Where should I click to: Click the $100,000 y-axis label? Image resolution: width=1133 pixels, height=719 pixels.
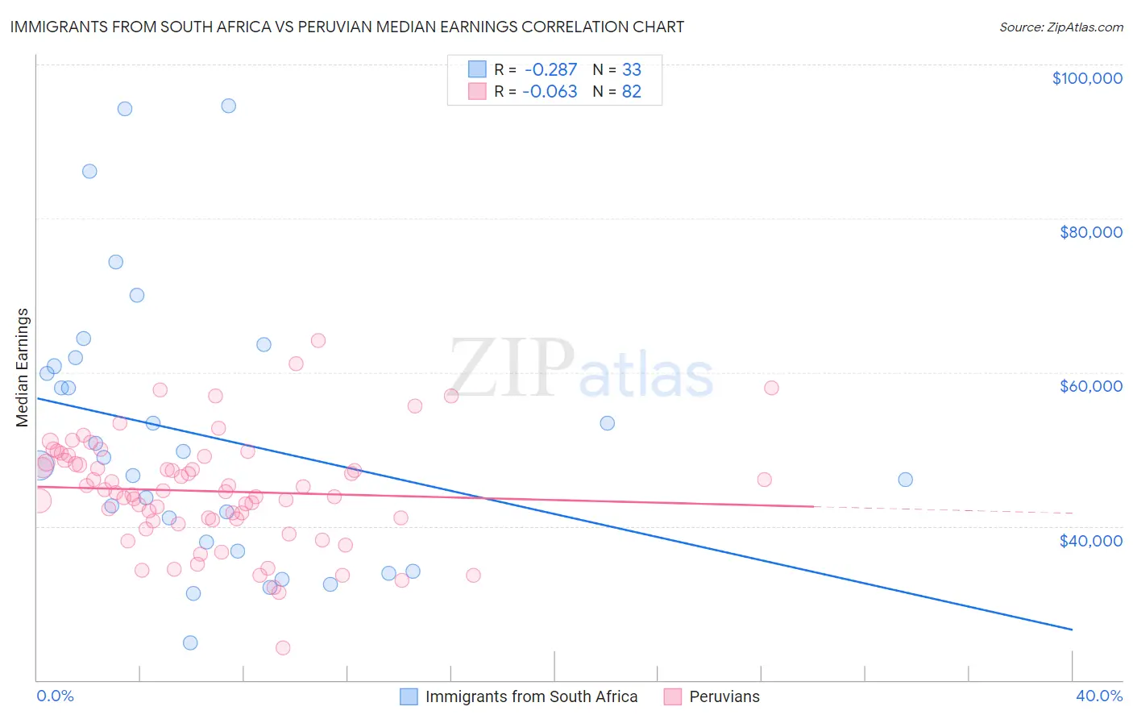point(1086,78)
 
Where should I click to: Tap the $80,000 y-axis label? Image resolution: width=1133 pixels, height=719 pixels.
point(1090,232)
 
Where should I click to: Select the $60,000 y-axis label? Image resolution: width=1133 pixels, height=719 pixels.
point(1090,386)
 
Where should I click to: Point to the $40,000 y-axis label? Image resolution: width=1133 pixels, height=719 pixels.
point(1090,540)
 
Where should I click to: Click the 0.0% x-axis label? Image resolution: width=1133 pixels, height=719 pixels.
point(55,696)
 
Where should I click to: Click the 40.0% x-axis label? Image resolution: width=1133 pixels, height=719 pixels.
point(1098,696)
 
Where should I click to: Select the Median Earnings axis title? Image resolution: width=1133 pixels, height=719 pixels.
point(23,368)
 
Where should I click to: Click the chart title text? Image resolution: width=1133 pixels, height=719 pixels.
point(347,27)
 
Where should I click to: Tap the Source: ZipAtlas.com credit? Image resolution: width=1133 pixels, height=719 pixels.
point(1060,27)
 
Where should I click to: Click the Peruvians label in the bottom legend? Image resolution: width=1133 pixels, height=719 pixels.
point(724,696)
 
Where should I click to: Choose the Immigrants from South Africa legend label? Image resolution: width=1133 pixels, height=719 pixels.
point(531,696)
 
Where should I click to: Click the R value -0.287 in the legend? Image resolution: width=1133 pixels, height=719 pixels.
point(550,70)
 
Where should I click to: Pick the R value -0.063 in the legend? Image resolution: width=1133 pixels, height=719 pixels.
point(550,92)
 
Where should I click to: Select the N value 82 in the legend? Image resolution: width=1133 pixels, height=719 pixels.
point(631,92)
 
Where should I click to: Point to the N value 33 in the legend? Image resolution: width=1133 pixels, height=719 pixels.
point(631,70)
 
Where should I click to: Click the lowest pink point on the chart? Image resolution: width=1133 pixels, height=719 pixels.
point(283,647)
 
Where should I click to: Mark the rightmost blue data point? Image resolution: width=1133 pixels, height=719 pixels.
point(905,480)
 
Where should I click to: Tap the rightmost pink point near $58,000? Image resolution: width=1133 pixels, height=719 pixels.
point(771,388)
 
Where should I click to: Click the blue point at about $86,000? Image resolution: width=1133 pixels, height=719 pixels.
point(89,171)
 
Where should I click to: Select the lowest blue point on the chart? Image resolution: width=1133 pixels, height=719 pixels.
point(190,642)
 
